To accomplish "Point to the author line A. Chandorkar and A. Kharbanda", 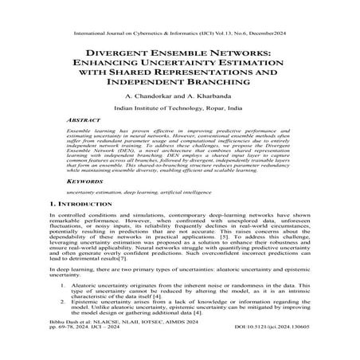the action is [x=179, y=95].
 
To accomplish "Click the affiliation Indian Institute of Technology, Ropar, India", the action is [x=179, y=106].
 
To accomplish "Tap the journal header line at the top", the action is [x=179, y=14].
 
